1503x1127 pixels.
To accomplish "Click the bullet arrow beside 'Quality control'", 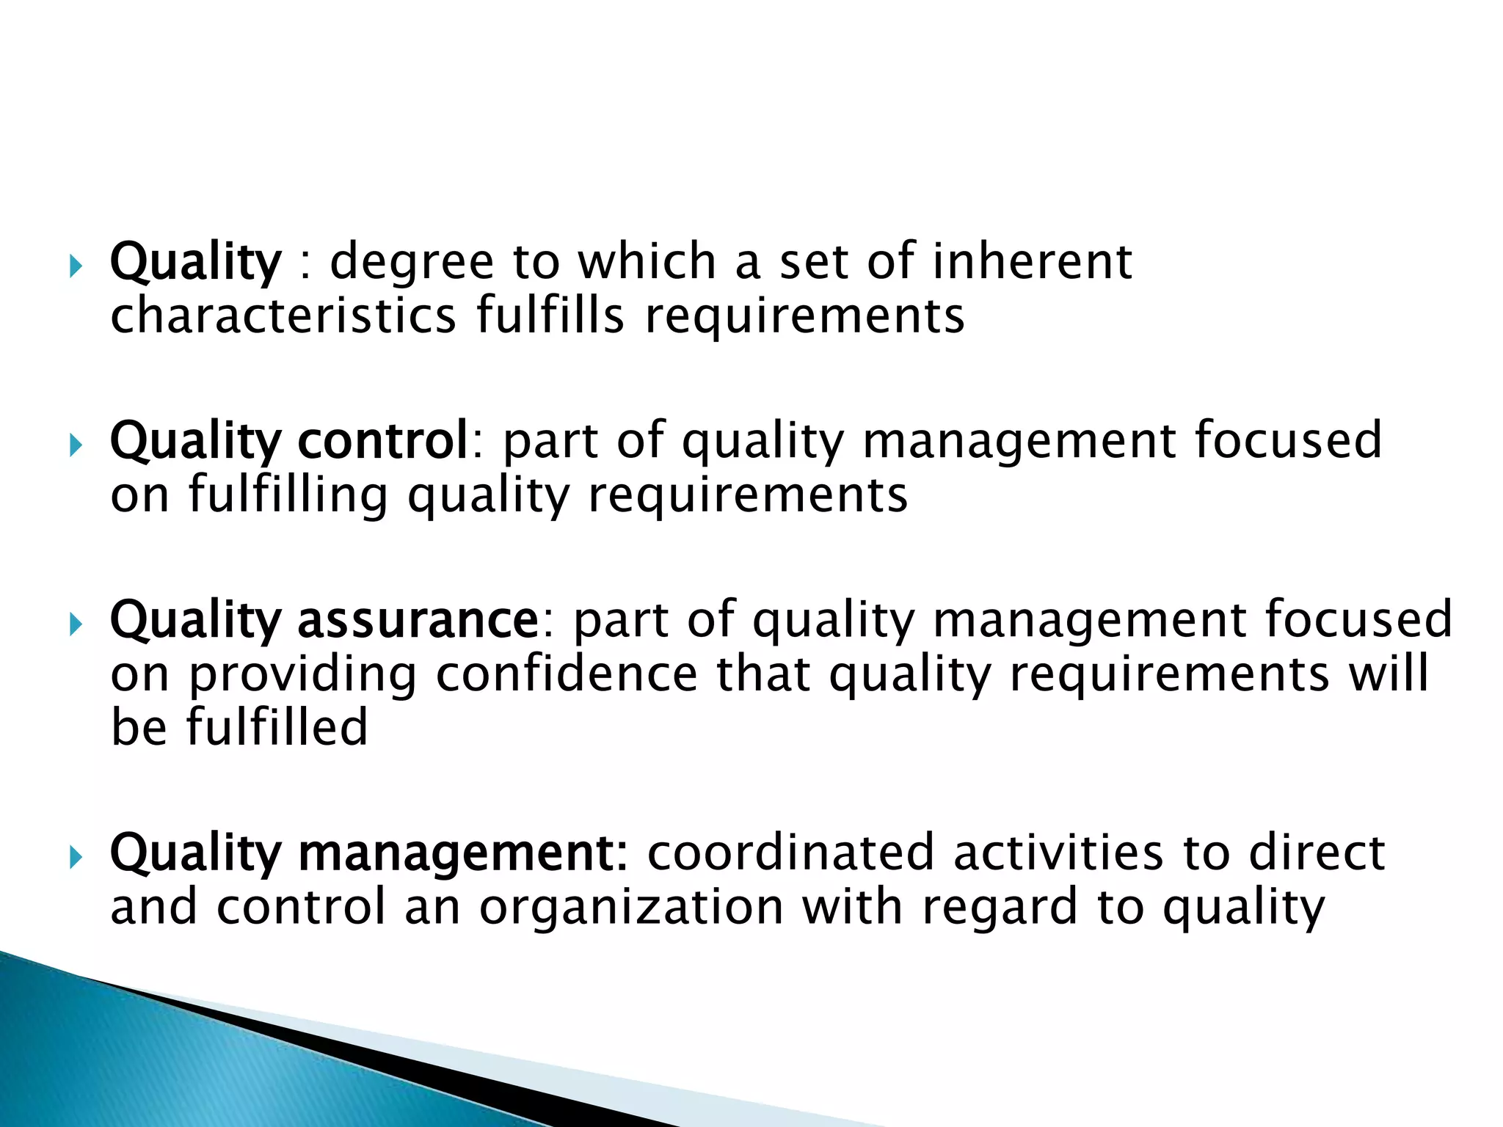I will tap(76, 445).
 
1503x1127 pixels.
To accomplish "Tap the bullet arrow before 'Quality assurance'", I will tap(76, 624).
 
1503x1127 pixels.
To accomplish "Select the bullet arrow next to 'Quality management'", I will tap(76, 856).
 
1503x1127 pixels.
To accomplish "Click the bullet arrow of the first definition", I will tap(76, 266).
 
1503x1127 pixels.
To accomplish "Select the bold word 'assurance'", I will tap(418, 620).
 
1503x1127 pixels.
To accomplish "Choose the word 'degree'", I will tap(412, 263).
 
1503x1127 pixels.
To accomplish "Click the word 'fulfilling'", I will tap(288, 496).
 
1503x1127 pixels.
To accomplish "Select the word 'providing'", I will tap(303, 675).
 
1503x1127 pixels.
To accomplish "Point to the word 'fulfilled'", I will tap(277, 728).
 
